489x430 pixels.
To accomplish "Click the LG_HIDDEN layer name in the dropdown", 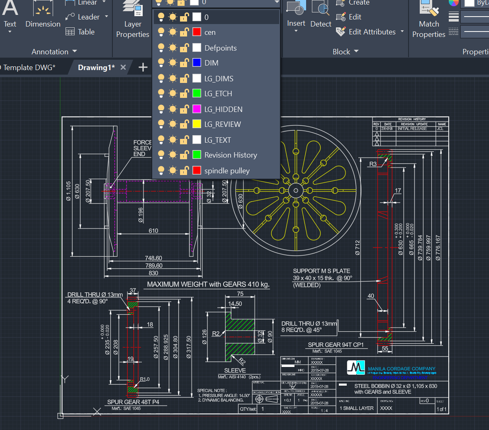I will (223, 109).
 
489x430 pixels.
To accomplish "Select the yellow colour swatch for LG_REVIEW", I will (197, 124).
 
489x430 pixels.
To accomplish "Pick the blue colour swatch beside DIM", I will (197, 63).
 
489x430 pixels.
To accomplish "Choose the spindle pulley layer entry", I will (227, 171).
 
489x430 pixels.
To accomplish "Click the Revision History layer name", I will (231, 155).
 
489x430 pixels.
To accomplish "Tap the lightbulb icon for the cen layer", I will (161, 32).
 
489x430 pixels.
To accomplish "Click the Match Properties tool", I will (429, 21).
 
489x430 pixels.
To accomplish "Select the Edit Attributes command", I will (372, 32).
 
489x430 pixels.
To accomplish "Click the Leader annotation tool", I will (88, 17).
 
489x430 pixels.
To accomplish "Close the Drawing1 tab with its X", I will (123, 67).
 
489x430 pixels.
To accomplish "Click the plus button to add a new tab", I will (143, 67).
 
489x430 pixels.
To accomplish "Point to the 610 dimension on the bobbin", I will (153, 231).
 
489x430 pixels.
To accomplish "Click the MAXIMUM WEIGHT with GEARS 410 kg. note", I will (208, 284).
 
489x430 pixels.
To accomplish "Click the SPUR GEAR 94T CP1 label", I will (336, 345).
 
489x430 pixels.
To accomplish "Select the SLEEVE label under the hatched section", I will (235, 370).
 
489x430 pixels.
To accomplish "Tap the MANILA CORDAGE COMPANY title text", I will (401, 369).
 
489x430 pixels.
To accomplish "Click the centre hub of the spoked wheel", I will (296, 191).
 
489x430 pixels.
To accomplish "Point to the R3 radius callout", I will (373, 164).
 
